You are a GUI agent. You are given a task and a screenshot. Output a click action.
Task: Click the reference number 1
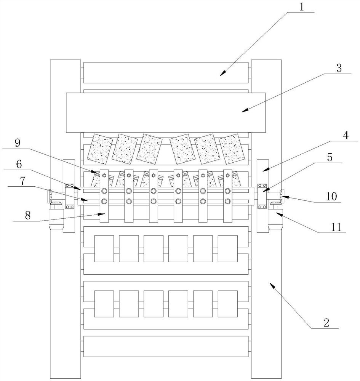click(301, 7)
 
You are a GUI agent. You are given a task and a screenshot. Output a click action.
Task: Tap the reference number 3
click(339, 68)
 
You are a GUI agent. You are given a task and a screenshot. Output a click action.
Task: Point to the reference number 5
click(330, 157)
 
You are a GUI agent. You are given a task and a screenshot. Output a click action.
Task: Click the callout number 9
click(18, 143)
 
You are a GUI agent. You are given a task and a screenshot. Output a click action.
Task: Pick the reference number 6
click(19, 164)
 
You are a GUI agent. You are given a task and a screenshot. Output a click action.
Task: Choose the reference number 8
click(28, 215)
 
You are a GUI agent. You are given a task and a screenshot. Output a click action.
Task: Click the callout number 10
click(331, 196)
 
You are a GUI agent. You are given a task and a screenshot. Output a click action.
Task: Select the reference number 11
click(336, 227)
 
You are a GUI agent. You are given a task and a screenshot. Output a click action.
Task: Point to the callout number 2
click(326, 323)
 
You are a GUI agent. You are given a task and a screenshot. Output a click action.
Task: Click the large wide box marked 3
click(166, 112)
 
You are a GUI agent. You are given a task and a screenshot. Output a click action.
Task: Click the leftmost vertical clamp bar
click(104, 196)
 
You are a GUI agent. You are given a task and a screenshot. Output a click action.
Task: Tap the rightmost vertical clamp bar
click(227, 196)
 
